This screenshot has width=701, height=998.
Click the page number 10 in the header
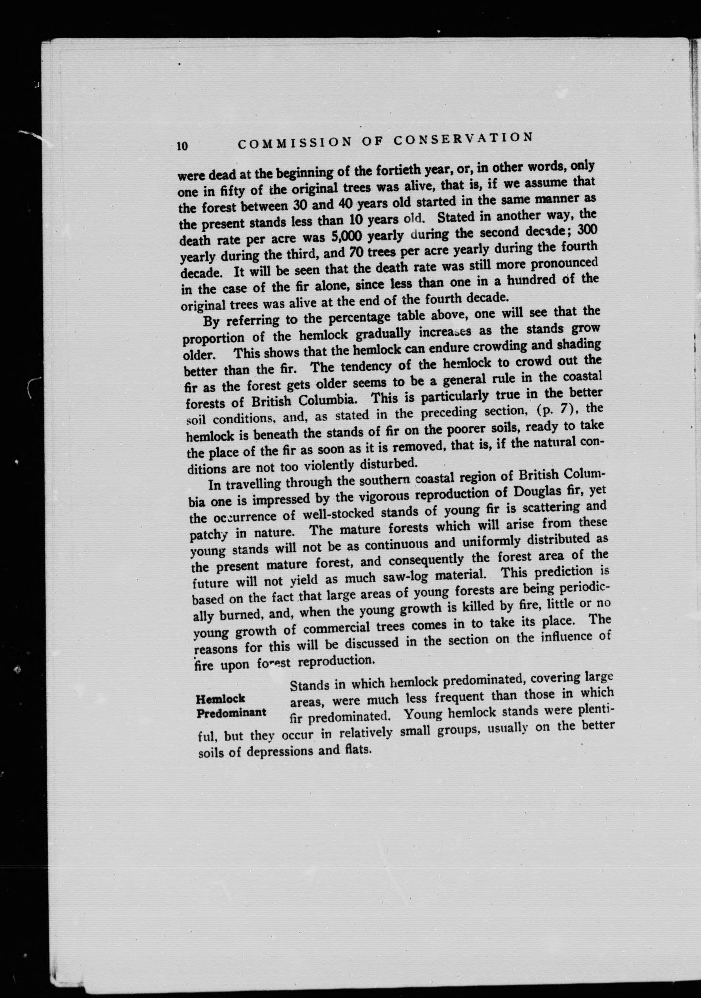point(182,146)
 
